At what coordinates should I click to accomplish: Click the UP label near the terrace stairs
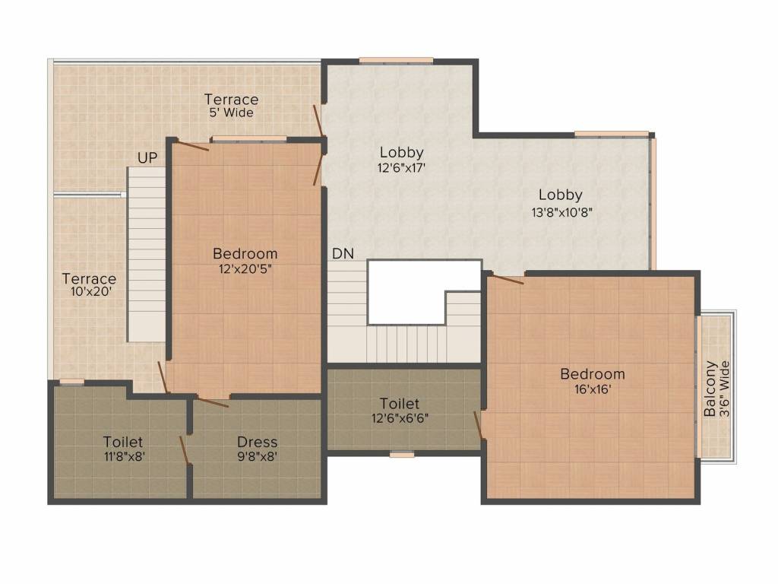tap(147, 157)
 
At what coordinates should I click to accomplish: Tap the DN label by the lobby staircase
tap(342, 254)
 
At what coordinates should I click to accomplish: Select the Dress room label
tap(257, 442)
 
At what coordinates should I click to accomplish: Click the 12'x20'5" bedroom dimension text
tap(245, 268)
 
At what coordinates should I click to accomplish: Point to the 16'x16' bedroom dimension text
tap(592, 389)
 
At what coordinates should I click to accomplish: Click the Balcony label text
tap(710, 389)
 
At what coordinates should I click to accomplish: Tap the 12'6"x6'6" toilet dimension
tap(400, 417)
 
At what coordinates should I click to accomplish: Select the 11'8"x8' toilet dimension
tap(123, 456)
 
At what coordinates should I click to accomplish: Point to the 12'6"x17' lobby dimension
tap(401, 167)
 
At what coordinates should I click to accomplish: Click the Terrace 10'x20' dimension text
tap(89, 293)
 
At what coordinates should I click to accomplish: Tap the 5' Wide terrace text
tap(231, 113)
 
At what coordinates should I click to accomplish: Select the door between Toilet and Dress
tap(185, 449)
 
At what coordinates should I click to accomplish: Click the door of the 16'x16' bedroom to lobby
tap(505, 279)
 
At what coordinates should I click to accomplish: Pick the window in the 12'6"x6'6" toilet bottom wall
tap(402, 455)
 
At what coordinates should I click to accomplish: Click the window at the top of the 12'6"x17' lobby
tap(396, 61)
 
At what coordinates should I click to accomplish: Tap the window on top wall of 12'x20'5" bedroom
tap(248, 138)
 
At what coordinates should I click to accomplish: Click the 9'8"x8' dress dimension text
tap(257, 456)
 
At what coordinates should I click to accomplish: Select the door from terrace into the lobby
tap(318, 122)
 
